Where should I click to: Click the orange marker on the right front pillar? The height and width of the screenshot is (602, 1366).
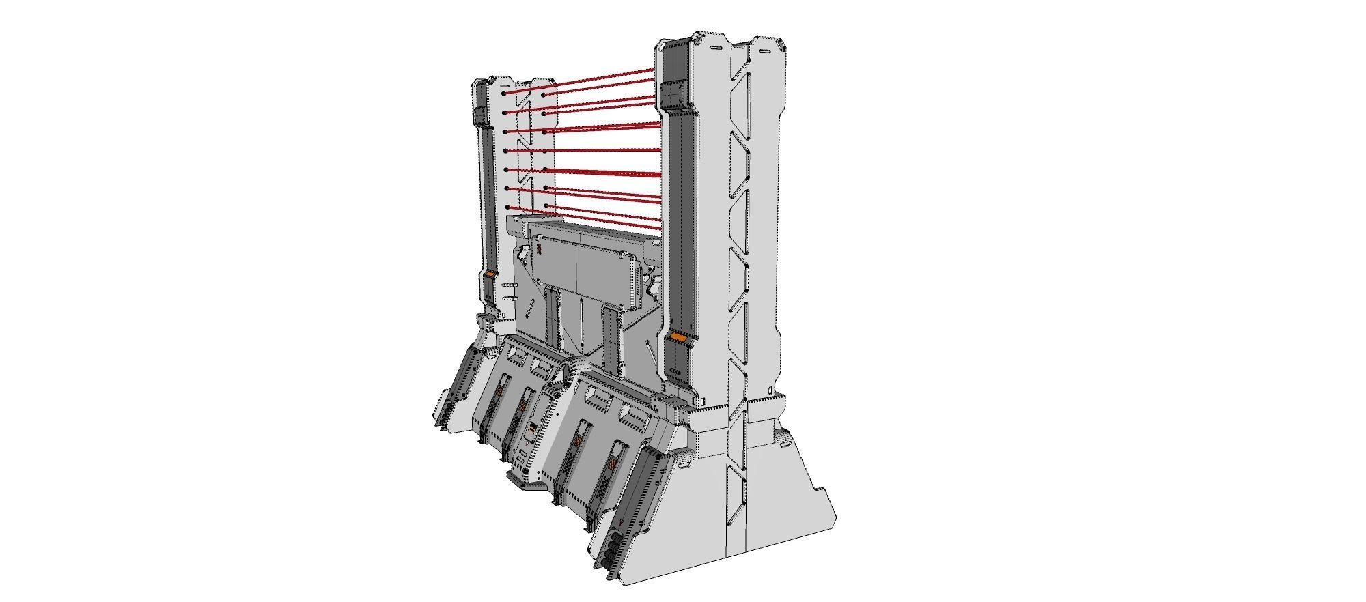tap(678, 337)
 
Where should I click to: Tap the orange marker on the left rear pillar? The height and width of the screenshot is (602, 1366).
tap(490, 274)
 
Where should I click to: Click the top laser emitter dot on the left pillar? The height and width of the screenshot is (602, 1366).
tap(504, 94)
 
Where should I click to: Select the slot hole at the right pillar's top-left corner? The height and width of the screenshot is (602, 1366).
tap(714, 49)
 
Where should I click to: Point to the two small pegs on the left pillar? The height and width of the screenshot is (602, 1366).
tap(507, 291)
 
